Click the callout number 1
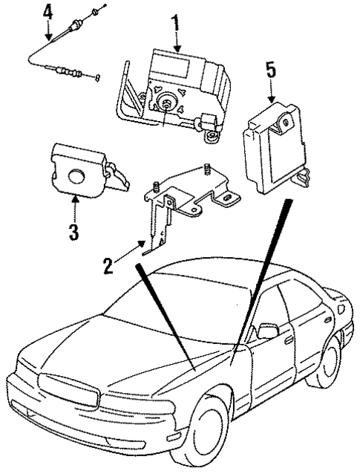pos(176,23)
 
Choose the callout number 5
pos(271,72)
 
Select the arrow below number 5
pos(271,93)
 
